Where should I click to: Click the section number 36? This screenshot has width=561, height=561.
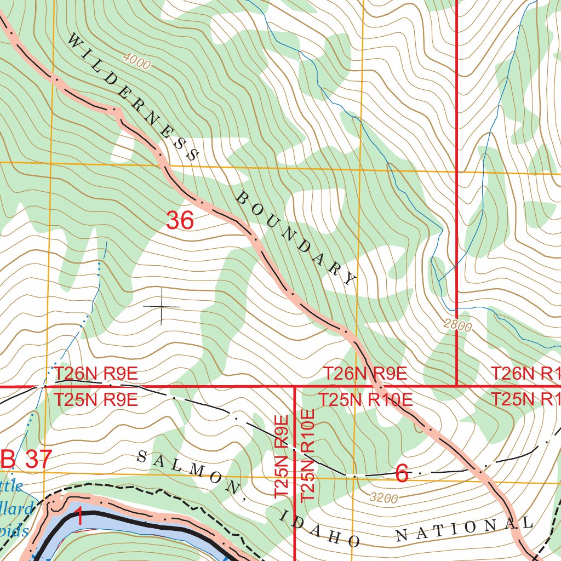[180, 221]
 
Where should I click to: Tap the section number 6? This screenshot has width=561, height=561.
[402, 474]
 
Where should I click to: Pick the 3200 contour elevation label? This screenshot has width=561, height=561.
[383, 498]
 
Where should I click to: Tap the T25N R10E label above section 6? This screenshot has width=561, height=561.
[365, 400]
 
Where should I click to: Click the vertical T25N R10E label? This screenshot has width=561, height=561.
[308, 455]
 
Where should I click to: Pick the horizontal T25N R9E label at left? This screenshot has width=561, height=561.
[95, 400]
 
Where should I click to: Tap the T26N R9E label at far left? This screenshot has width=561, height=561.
[95, 375]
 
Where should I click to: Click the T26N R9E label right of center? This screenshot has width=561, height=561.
[365, 375]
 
